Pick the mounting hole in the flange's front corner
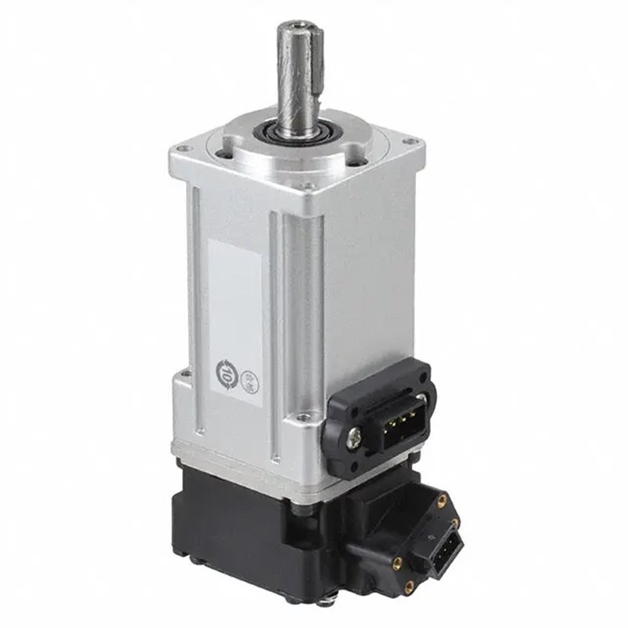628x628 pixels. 308,187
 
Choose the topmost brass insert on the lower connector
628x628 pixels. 442,499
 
